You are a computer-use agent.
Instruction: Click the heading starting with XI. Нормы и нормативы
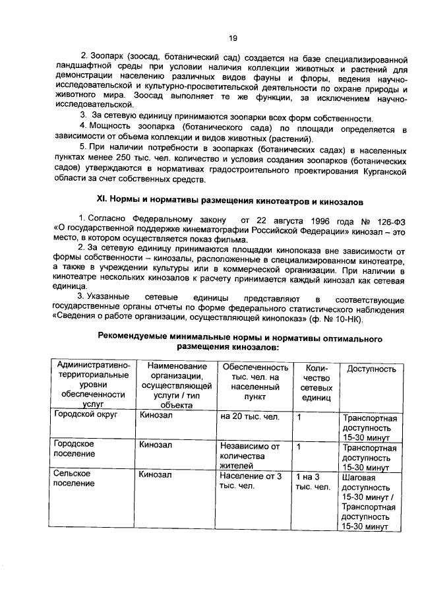tap(228, 200)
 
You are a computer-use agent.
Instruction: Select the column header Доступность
tap(371, 369)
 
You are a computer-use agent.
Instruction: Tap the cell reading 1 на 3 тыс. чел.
tap(313, 482)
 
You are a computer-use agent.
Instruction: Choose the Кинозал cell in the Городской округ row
tap(156, 417)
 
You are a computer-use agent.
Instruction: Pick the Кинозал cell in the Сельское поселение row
tap(156, 474)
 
